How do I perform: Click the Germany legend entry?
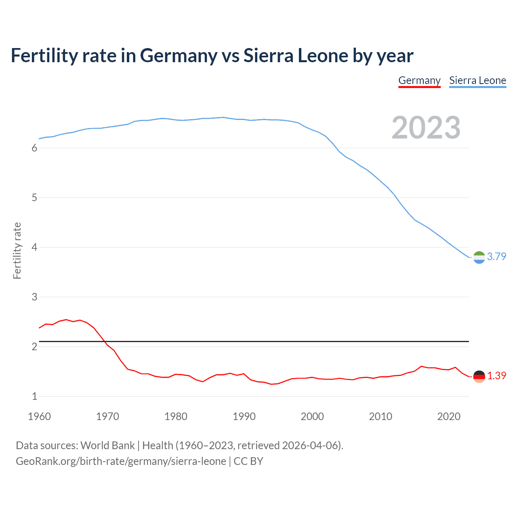coord(419,80)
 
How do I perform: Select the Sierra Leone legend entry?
coord(477,80)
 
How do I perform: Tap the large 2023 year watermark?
coord(426,128)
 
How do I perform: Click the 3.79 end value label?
coord(496,256)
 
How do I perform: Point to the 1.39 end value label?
coord(496,376)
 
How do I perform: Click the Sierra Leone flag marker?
coord(479,257)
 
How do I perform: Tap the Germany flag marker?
coord(479,376)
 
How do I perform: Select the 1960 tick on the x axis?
coord(39,416)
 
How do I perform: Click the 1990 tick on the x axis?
coord(244,416)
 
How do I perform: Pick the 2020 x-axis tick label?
coord(449,416)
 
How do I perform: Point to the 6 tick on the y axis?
coord(34,148)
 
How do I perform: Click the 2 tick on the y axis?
coord(34,347)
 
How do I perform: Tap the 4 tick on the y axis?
coord(34,247)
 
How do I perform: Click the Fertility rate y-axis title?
coord(17,250)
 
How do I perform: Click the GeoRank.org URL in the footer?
coord(121,461)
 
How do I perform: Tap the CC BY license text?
coord(248,461)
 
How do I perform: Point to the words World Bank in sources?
coord(107,446)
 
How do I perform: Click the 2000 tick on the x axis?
coord(312,416)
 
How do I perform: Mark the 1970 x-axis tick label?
coord(107,416)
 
